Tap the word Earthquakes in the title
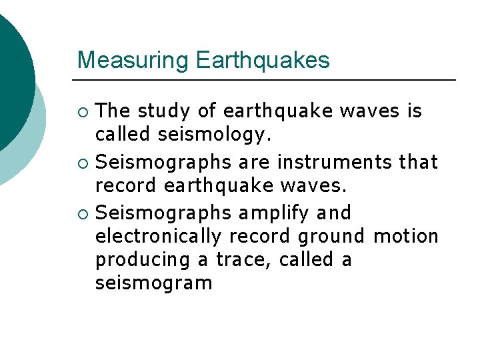[x=263, y=61]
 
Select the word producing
[x=142, y=260]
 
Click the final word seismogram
[x=153, y=283]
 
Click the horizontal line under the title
[x=267, y=80]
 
